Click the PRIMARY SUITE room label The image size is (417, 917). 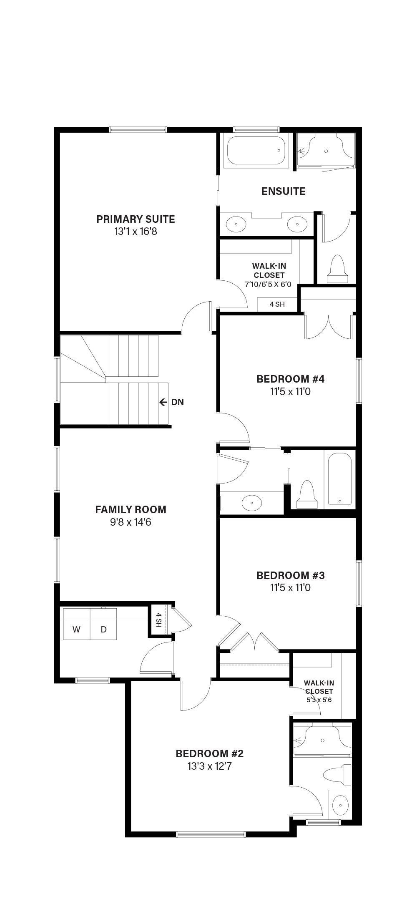coord(136,219)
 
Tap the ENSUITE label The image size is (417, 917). coord(284,191)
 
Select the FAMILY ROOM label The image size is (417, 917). coord(131,509)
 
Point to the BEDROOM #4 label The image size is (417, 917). coord(290,379)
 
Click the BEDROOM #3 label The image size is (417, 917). coord(290,576)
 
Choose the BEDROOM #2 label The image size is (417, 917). coord(209,754)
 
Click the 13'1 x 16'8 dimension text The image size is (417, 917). coord(136,232)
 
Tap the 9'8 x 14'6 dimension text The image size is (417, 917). coord(131,522)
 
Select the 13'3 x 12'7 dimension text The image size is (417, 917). coord(209,766)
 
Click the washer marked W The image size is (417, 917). coord(77,629)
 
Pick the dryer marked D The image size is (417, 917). coord(103,629)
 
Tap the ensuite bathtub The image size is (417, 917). coord(256,150)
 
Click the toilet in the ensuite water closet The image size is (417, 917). coord(337,269)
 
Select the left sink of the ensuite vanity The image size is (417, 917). coord(236,224)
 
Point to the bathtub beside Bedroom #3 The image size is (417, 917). coord(340,479)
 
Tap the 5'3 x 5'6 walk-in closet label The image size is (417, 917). coord(319,708)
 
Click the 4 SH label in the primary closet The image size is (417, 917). coord(277,304)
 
